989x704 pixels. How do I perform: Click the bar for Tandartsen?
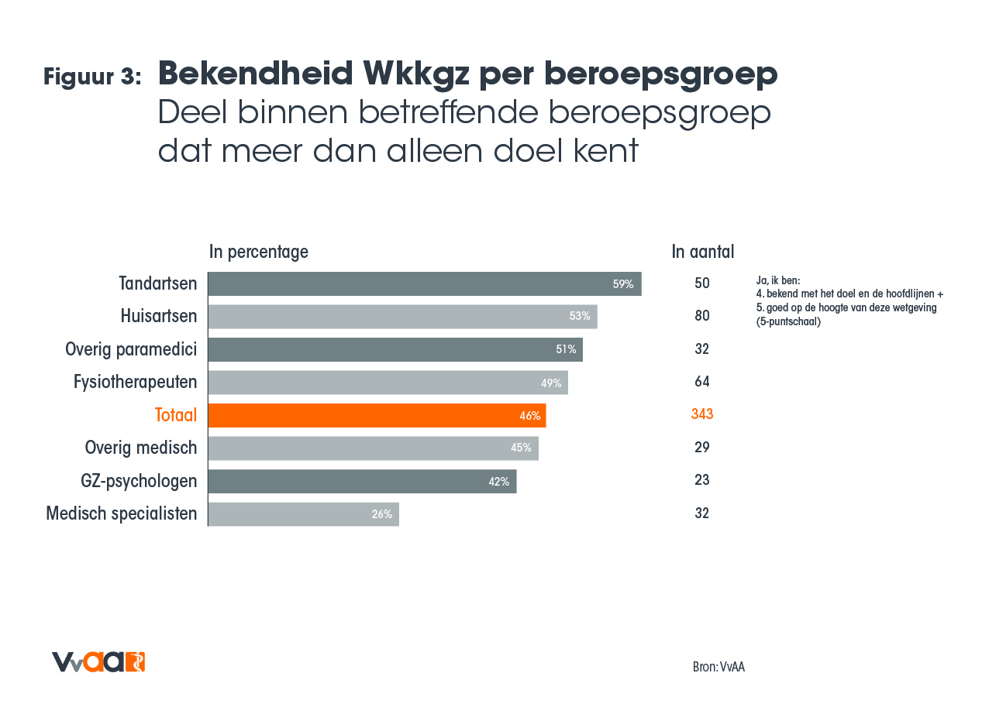[x=424, y=283]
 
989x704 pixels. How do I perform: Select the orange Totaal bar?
[x=377, y=415]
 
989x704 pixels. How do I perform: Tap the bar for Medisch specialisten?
[x=303, y=513]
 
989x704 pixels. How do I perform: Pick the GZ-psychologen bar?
[x=362, y=481]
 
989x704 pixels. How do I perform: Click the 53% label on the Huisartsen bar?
[x=579, y=316]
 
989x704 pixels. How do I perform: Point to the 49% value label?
[x=551, y=383]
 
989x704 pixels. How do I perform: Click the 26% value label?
[x=381, y=513]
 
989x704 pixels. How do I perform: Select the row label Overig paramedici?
[x=131, y=349]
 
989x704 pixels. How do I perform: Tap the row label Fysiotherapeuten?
[x=135, y=382]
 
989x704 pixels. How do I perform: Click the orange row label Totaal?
[x=176, y=415]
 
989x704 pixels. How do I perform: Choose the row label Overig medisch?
[x=140, y=448]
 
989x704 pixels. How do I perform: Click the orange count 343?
[x=701, y=414]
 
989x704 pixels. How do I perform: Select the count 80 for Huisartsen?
[x=701, y=316]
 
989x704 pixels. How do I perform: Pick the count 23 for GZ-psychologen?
[x=701, y=480]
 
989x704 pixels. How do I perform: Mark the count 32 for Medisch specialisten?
[x=701, y=513]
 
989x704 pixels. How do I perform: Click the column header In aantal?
[x=702, y=252]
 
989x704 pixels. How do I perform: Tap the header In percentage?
[x=259, y=252]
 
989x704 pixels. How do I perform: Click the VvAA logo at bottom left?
[x=98, y=662]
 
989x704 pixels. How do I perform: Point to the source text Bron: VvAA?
[x=718, y=667]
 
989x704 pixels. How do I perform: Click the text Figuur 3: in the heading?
[x=92, y=77]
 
